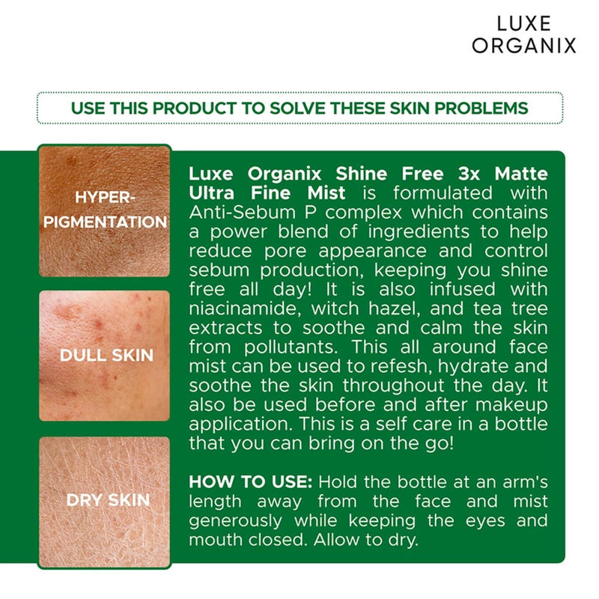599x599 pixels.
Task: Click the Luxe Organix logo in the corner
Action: [x=524, y=34]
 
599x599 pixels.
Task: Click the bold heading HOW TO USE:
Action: [x=243, y=481]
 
